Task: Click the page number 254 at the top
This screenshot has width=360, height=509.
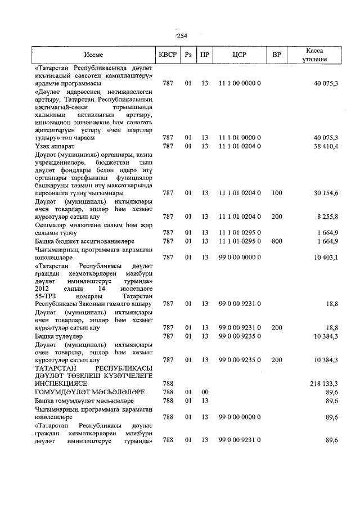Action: click(181, 36)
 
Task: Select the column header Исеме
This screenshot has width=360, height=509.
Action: click(93, 55)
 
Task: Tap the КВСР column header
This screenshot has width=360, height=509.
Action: click(168, 55)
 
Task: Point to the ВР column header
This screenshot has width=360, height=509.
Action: click(276, 55)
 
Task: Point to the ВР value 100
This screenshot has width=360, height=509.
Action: click(276, 193)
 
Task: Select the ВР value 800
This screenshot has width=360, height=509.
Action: click(276, 241)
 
